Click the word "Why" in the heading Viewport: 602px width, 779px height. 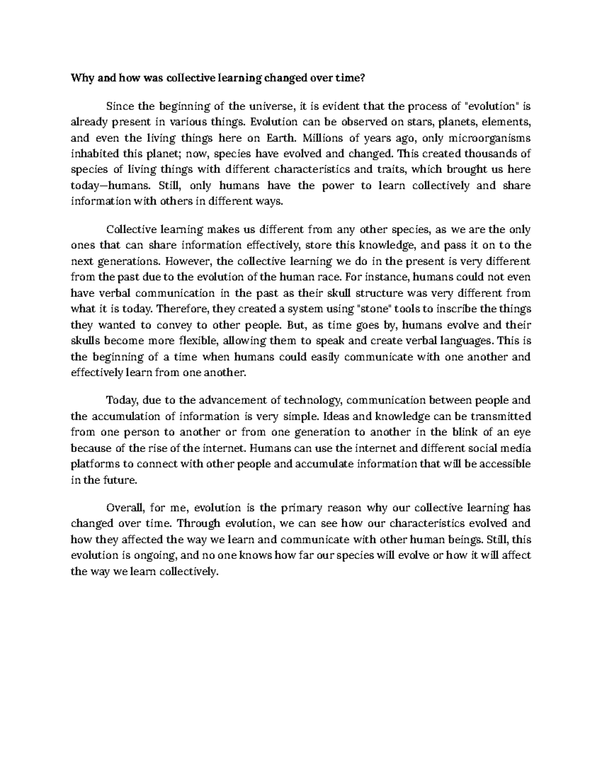pyautogui.click(x=80, y=78)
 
